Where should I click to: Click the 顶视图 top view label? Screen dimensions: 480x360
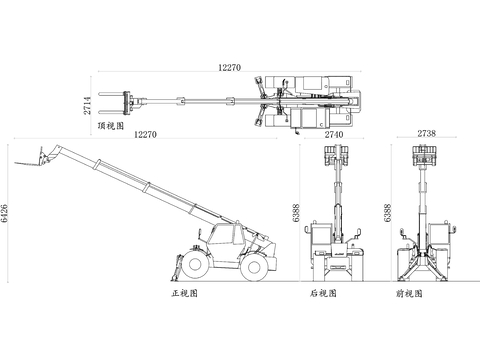click(x=111, y=126)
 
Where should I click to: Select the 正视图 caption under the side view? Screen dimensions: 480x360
click(x=185, y=293)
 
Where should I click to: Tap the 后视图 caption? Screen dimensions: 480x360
click(x=323, y=293)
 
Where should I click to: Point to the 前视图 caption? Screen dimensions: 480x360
click(x=409, y=293)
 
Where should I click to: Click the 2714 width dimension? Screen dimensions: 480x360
click(x=87, y=105)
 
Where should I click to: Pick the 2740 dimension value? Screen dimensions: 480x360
click(x=334, y=134)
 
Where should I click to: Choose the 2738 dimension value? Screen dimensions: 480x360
click(x=427, y=133)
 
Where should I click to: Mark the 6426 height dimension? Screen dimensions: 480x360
click(x=4, y=213)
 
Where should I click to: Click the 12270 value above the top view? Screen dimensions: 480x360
click(x=229, y=67)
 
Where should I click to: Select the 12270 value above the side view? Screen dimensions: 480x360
click(x=145, y=134)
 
